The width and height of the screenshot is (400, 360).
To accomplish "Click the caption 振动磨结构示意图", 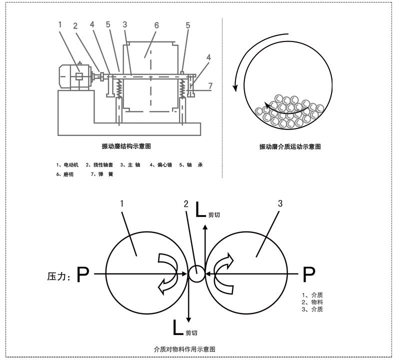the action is (126, 146).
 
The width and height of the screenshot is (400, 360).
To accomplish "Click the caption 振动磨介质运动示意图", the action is (290, 146).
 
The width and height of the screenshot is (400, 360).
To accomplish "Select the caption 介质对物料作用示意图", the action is (184, 349).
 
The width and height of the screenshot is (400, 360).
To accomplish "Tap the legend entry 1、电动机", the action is (67, 165).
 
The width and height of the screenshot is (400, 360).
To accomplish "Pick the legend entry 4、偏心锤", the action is (160, 165).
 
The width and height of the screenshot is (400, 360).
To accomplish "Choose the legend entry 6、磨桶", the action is (65, 174).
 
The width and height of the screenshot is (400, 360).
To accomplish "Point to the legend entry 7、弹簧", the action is (102, 174).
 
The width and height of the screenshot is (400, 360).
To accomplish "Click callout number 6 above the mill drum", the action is (156, 25).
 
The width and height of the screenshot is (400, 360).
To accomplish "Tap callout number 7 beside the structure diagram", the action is (210, 86).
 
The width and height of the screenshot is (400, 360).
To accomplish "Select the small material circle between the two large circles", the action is (196, 274).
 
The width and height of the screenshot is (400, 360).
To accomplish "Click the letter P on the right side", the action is (308, 274).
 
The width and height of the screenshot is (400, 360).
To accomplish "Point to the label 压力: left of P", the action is (58, 276).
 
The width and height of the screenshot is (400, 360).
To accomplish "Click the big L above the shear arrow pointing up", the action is (200, 209).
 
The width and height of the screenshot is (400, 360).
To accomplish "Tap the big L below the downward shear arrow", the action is (178, 327).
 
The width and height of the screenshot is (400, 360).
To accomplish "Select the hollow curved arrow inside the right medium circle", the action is (223, 273).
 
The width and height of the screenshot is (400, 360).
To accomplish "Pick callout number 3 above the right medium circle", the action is (280, 203).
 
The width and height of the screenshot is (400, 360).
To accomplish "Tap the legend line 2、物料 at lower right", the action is (312, 302).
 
